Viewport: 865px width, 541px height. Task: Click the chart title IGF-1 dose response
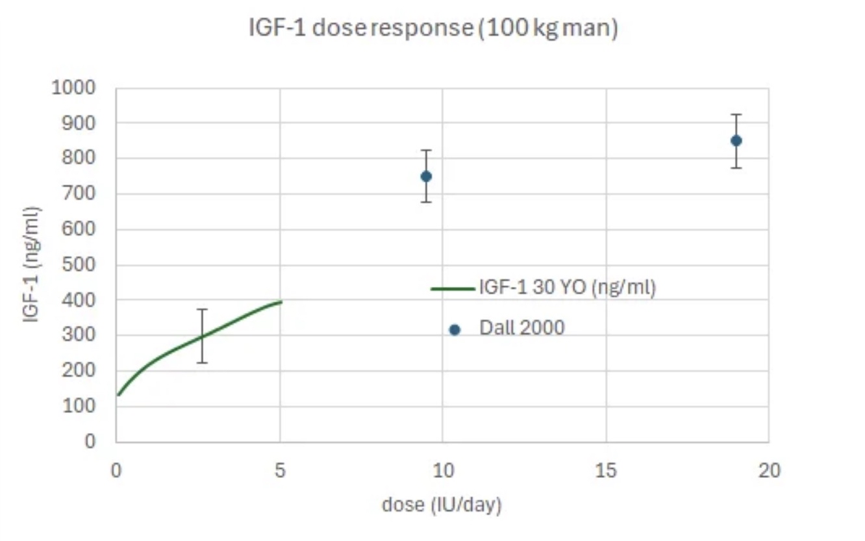point(433,29)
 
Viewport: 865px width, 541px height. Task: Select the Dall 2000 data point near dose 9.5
point(426,176)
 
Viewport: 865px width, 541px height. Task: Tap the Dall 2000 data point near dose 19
point(736,140)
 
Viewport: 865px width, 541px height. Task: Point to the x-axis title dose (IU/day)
point(442,504)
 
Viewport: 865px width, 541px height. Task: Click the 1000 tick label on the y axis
point(73,88)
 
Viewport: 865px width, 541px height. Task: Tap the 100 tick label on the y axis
point(79,407)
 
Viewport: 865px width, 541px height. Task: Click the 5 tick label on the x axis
point(280,470)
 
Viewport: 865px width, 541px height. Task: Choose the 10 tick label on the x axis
point(442,470)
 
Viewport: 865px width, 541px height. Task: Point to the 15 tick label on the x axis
point(606,470)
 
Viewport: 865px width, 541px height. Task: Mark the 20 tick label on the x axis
point(769,470)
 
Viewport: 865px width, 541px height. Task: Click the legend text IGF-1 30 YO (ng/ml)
point(568,288)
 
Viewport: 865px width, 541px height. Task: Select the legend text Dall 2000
point(521,328)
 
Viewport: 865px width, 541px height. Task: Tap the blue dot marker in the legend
point(455,330)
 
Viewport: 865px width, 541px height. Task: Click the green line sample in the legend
point(453,288)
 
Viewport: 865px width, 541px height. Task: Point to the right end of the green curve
point(281,301)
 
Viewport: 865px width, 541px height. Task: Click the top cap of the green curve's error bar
point(203,310)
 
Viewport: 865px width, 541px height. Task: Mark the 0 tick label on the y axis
point(90,442)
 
